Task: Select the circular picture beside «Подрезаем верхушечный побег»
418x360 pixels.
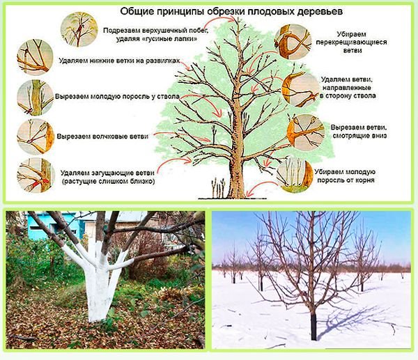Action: pyautogui.click(x=79, y=29)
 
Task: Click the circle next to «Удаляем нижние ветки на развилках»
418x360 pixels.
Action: pyautogui.click(x=35, y=57)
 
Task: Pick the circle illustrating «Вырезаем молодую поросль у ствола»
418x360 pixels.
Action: pyautogui.click(x=36, y=97)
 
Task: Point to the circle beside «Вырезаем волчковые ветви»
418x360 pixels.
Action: pyautogui.click(x=36, y=136)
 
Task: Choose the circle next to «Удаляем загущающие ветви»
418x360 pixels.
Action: pyautogui.click(x=36, y=175)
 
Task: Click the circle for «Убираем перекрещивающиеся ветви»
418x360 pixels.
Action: pyautogui.click(x=293, y=42)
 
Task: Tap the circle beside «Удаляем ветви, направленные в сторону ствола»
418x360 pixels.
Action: pyautogui.click(x=300, y=89)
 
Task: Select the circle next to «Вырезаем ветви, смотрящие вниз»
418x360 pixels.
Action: pyautogui.click(x=306, y=132)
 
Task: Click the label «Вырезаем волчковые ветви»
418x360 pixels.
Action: pyautogui.click(x=102, y=136)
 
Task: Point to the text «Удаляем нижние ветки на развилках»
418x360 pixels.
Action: pyautogui.click(x=119, y=61)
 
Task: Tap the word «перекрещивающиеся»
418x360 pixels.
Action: pyautogui.click(x=352, y=42)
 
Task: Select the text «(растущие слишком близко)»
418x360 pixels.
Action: pyautogui.click(x=108, y=182)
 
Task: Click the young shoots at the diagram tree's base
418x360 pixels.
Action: pyautogui.click(x=218, y=188)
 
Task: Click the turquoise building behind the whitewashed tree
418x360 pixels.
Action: pyautogui.click(x=54, y=226)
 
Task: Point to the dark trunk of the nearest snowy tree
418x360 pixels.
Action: pyautogui.click(x=313, y=326)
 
